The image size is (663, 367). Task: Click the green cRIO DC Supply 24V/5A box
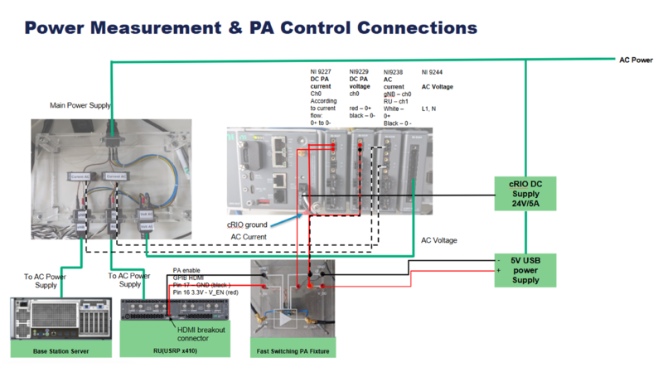click(524, 193)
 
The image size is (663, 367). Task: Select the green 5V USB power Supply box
click(524, 269)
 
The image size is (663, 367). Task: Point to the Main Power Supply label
click(80, 105)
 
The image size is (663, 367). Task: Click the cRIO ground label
click(246, 225)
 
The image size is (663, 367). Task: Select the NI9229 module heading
click(359, 72)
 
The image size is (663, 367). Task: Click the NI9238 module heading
click(393, 72)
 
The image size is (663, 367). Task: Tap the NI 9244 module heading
click(432, 72)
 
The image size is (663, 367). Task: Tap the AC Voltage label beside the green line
click(438, 240)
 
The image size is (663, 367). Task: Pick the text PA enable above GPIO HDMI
click(188, 270)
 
